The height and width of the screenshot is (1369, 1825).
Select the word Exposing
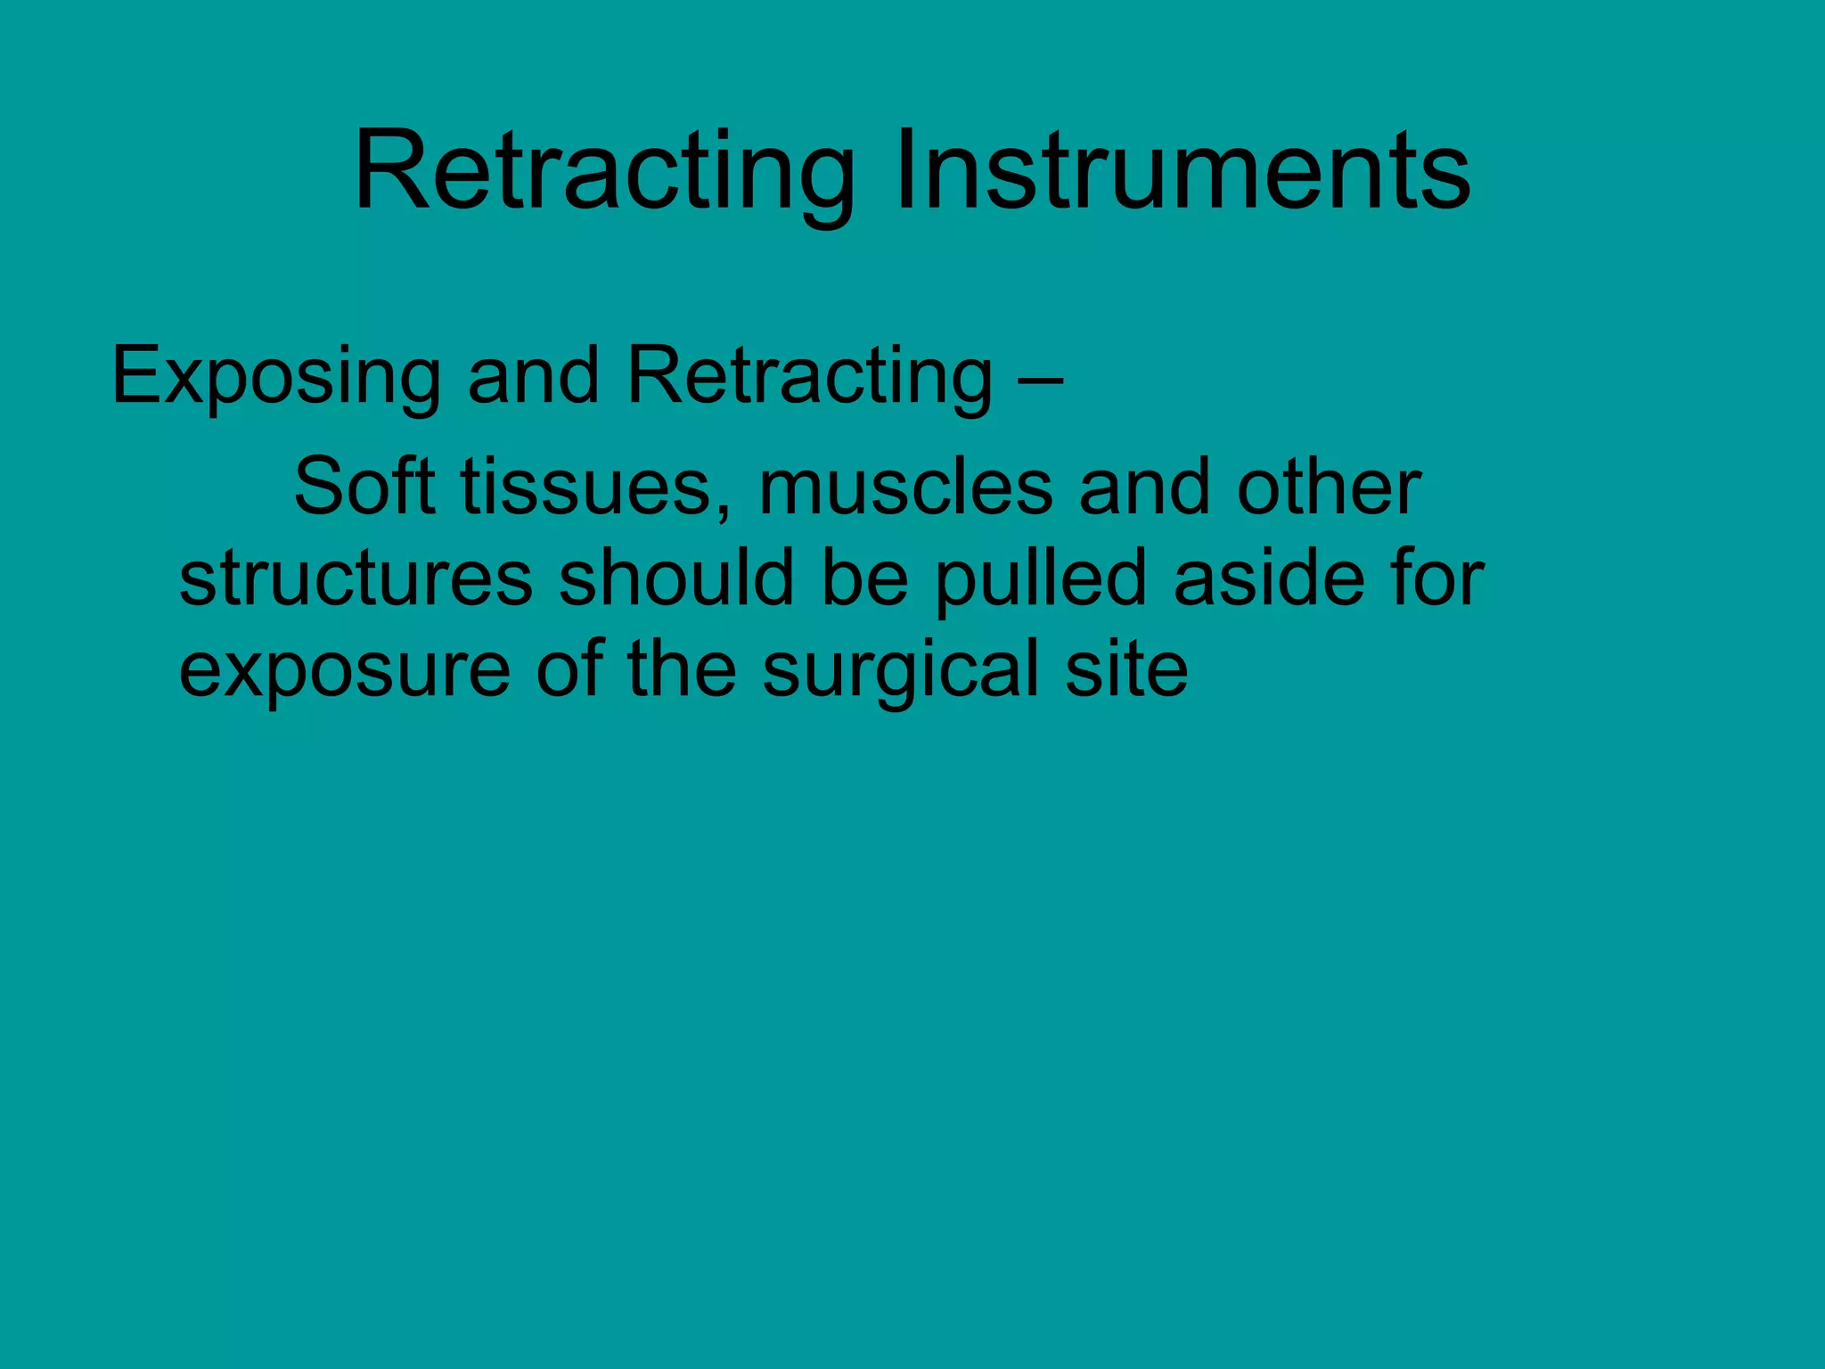tap(276, 377)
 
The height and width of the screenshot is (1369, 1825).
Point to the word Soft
tap(364, 487)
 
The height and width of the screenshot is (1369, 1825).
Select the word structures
tap(356, 579)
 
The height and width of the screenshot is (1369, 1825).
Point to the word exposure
tap(345, 670)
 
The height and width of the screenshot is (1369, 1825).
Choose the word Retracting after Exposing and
tap(809, 377)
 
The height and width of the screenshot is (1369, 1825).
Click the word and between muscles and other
tap(1144, 487)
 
